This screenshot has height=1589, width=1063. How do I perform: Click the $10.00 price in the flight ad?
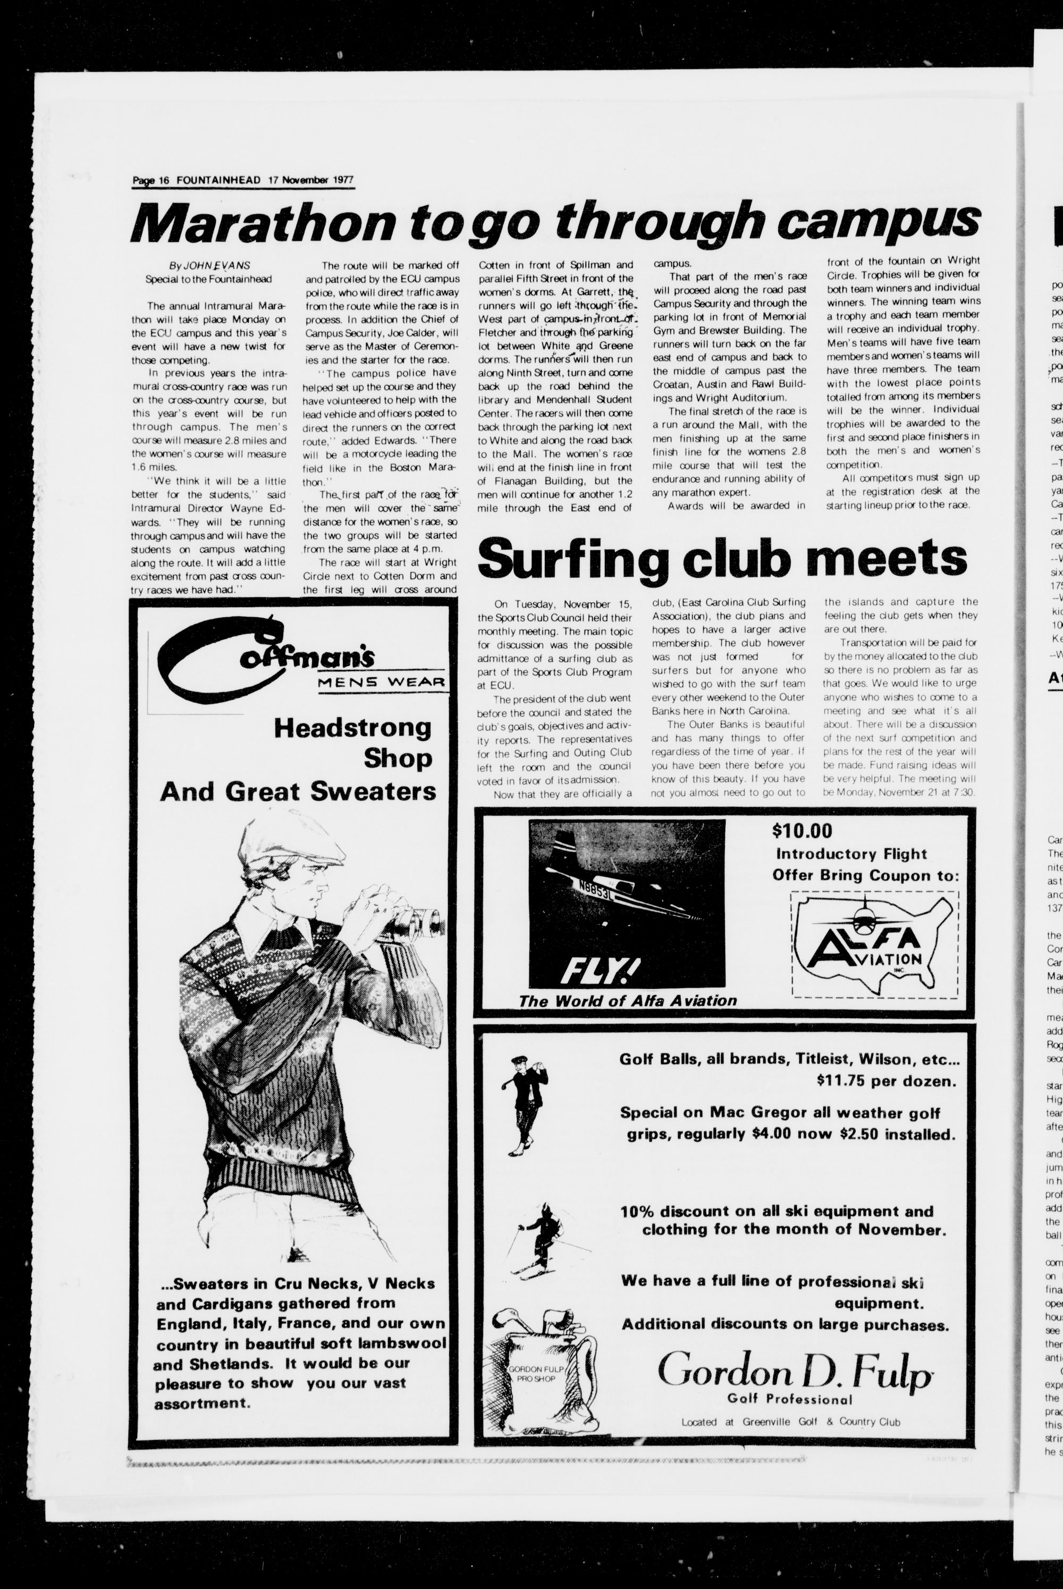[x=802, y=830]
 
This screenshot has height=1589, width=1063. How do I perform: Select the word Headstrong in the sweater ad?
[x=352, y=728]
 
